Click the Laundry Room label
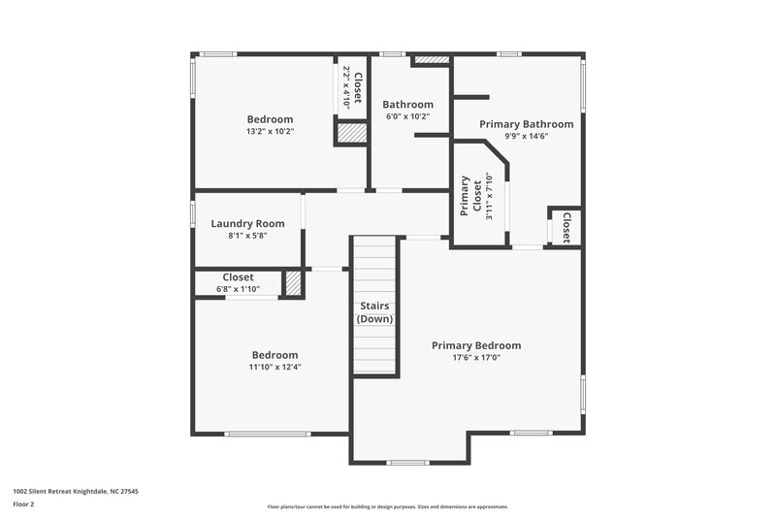pyautogui.click(x=247, y=223)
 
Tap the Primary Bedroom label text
pyautogui.click(x=476, y=345)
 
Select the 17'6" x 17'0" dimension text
pyautogui.click(x=476, y=357)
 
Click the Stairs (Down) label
pyautogui.click(x=374, y=312)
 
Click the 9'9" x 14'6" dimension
pyautogui.click(x=526, y=136)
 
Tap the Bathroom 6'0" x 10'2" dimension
pyautogui.click(x=406, y=116)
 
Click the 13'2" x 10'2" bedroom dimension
pyautogui.click(x=270, y=131)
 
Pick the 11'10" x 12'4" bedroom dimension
pyautogui.click(x=275, y=367)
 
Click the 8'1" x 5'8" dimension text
pyautogui.click(x=247, y=235)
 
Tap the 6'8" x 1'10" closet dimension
pyautogui.click(x=238, y=288)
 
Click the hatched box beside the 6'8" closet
pyautogui.click(x=292, y=283)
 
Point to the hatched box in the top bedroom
pyautogui.click(x=349, y=134)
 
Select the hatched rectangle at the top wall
pyautogui.click(x=432, y=60)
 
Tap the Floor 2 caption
pyautogui.click(x=24, y=505)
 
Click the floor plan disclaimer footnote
pyautogui.click(x=387, y=506)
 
